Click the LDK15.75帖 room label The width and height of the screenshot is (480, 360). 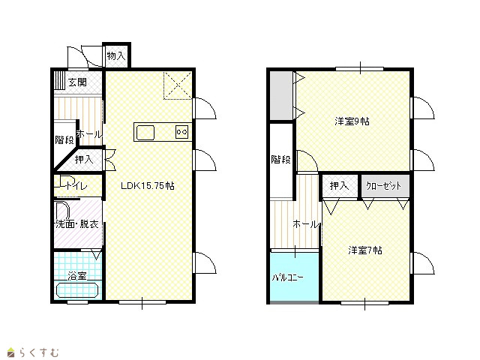click(148, 186)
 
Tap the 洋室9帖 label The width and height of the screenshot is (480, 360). click(352, 121)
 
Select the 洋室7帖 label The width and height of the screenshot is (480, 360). click(365, 250)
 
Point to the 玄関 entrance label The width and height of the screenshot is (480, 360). click(77, 82)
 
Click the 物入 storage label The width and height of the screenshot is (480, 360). click(116, 55)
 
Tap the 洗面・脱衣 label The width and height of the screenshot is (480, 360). click(76, 224)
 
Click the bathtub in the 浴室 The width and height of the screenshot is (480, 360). click(77, 290)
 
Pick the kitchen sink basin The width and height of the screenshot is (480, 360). click(145, 133)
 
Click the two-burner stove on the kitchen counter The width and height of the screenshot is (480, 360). click(181, 132)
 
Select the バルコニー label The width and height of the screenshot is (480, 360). click(288, 277)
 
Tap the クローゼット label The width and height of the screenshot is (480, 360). click(383, 186)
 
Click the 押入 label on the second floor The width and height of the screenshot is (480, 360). click(339, 186)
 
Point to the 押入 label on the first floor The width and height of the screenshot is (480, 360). click(84, 159)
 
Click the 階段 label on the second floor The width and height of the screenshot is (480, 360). click(280, 159)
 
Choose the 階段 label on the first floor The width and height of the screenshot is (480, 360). click(64, 140)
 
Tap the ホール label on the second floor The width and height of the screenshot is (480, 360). click(305, 224)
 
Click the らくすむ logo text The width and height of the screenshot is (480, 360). click(39, 352)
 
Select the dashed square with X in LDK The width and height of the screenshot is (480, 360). click(178, 85)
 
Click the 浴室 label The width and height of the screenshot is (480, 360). click(77, 276)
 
